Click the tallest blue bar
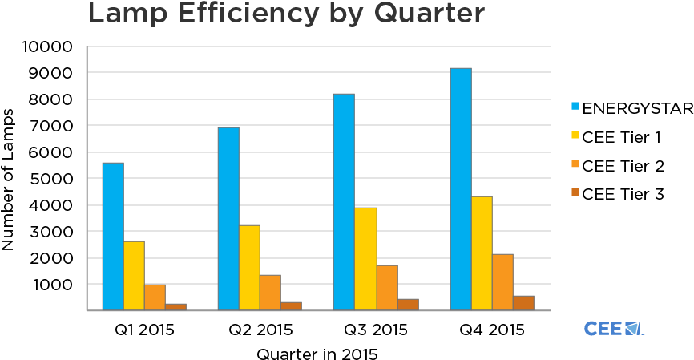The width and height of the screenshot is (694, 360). [460, 188]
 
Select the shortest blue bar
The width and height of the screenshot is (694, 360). [113, 236]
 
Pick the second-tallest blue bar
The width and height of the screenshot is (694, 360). [344, 201]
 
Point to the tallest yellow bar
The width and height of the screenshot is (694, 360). [482, 253]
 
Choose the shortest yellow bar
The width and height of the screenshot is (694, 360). [134, 275]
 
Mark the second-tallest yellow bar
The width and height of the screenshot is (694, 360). [365, 258]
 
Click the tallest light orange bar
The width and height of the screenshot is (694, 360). [502, 281]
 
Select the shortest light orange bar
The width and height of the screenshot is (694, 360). [155, 297]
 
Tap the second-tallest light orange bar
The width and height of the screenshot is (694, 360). [387, 287]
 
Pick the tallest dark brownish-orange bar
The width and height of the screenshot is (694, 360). [523, 302]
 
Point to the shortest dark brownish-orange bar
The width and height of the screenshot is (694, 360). [176, 306]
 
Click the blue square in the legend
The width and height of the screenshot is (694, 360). [575, 106]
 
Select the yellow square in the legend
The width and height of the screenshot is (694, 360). [575, 135]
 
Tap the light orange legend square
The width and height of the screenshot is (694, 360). [575, 164]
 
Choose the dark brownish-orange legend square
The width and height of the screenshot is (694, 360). [575, 192]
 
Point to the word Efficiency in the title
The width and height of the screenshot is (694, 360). [252, 14]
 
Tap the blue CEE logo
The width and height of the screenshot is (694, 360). [614, 328]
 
